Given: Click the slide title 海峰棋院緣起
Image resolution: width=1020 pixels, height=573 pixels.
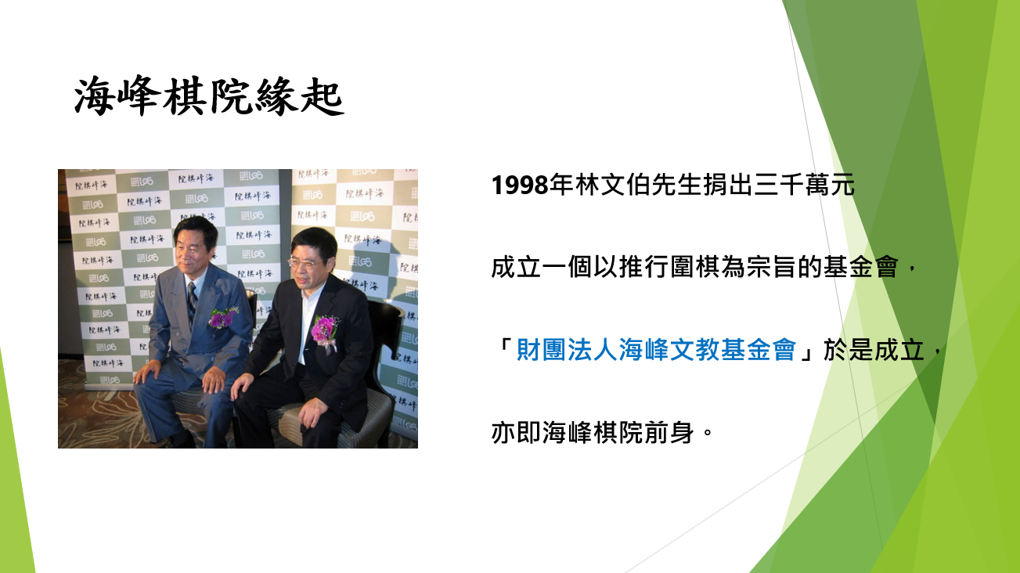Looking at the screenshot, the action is click(209, 96).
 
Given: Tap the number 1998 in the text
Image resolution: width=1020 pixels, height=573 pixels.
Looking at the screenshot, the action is click(520, 186).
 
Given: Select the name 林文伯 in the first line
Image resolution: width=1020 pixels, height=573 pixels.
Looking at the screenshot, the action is click(612, 185).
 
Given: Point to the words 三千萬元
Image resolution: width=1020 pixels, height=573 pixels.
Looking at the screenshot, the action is click(805, 185).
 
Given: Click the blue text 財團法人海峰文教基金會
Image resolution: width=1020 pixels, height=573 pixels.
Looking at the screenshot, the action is click(656, 350).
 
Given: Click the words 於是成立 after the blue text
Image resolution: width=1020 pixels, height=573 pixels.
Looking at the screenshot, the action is click(874, 350).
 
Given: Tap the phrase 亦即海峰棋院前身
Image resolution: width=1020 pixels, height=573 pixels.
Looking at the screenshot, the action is click(593, 432).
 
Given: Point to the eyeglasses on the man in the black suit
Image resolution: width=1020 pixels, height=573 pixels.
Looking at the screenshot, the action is click(303, 263).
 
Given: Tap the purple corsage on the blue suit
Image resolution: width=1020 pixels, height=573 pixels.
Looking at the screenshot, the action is click(222, 318).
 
